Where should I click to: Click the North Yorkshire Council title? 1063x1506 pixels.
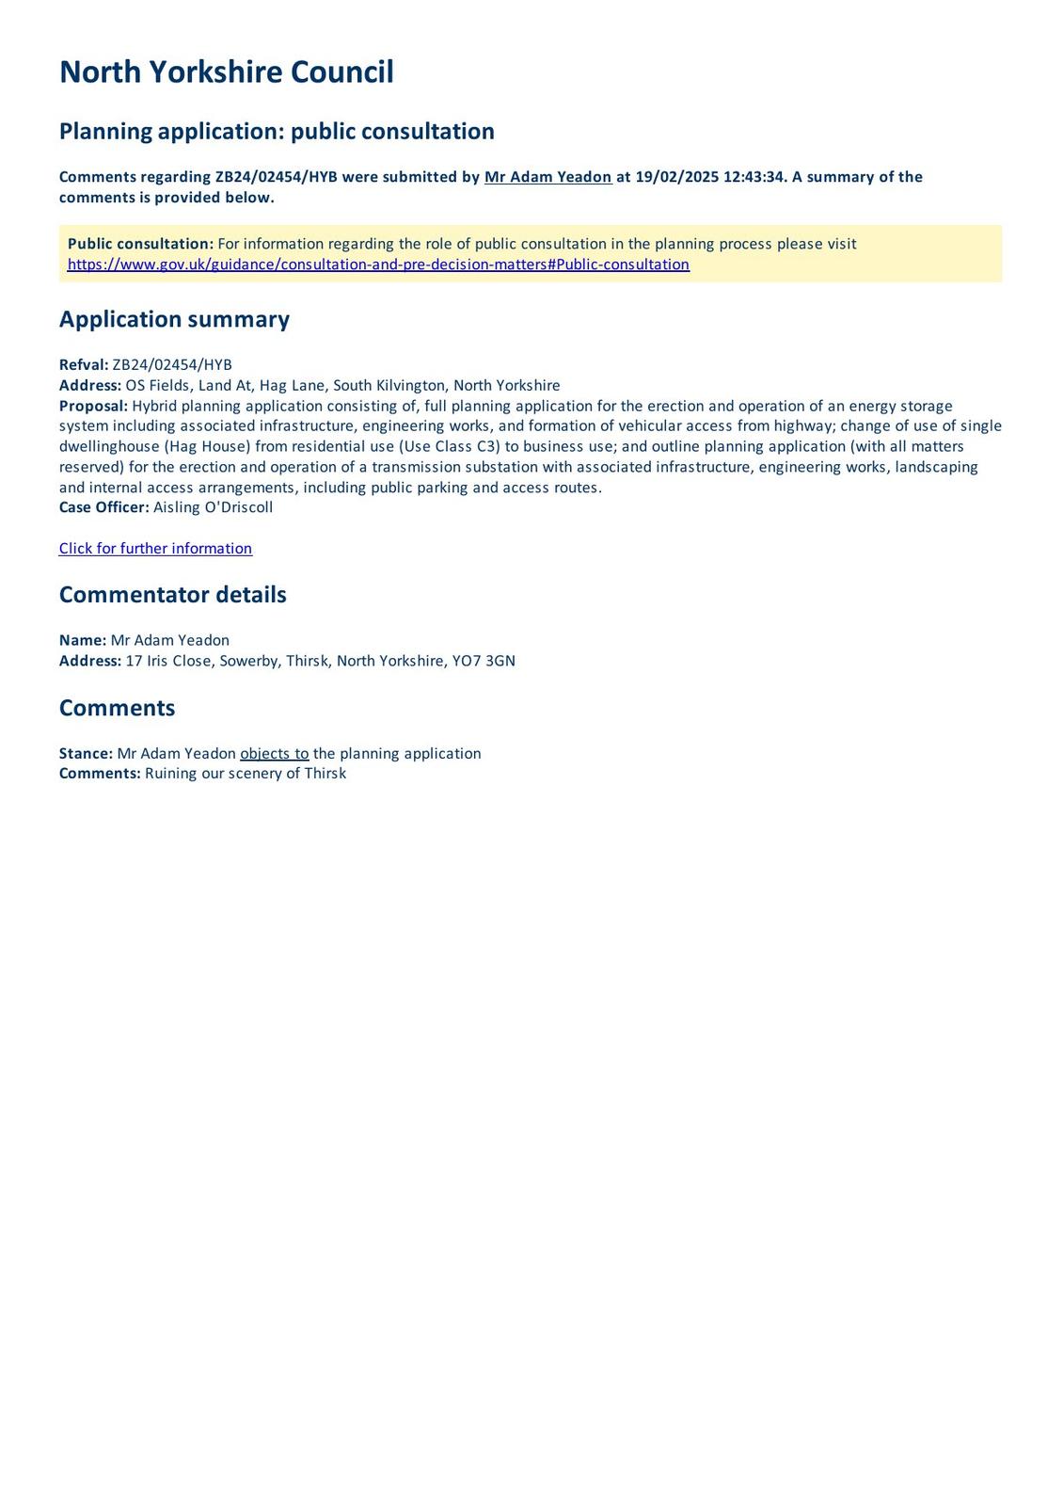(226, 72)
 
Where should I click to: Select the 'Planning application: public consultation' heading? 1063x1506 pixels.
(277, 131)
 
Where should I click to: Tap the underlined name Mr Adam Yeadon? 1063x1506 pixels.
(547, 177)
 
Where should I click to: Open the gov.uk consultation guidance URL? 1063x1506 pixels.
(378, 264)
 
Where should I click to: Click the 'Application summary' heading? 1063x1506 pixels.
(174, 319)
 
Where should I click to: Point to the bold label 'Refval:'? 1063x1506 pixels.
(84, 365)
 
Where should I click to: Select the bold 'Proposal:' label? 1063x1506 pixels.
(93, 406)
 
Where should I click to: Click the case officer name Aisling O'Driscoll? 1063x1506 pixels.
(213, 507)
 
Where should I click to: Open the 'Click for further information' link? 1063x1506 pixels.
(155, 549)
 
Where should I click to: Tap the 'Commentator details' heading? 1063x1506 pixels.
(172, 595)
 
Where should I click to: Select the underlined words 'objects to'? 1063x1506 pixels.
(275, 754)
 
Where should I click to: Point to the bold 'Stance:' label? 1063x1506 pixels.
(86, 754)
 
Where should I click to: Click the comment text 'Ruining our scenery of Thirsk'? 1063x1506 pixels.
(246, 774)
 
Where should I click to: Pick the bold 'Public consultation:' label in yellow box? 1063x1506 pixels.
(140, 244)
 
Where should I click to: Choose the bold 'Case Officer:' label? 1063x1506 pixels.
(103, 507)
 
